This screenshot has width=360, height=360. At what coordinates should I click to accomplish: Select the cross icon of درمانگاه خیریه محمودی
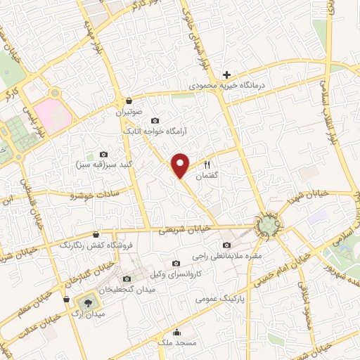(x=226, y=75)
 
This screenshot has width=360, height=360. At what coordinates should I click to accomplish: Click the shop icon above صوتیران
(x=127, y=101)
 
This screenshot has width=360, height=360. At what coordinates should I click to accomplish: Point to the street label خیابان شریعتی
(x=184, y=229)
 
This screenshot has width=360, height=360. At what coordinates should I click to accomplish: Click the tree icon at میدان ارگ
(x=87, y=302)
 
